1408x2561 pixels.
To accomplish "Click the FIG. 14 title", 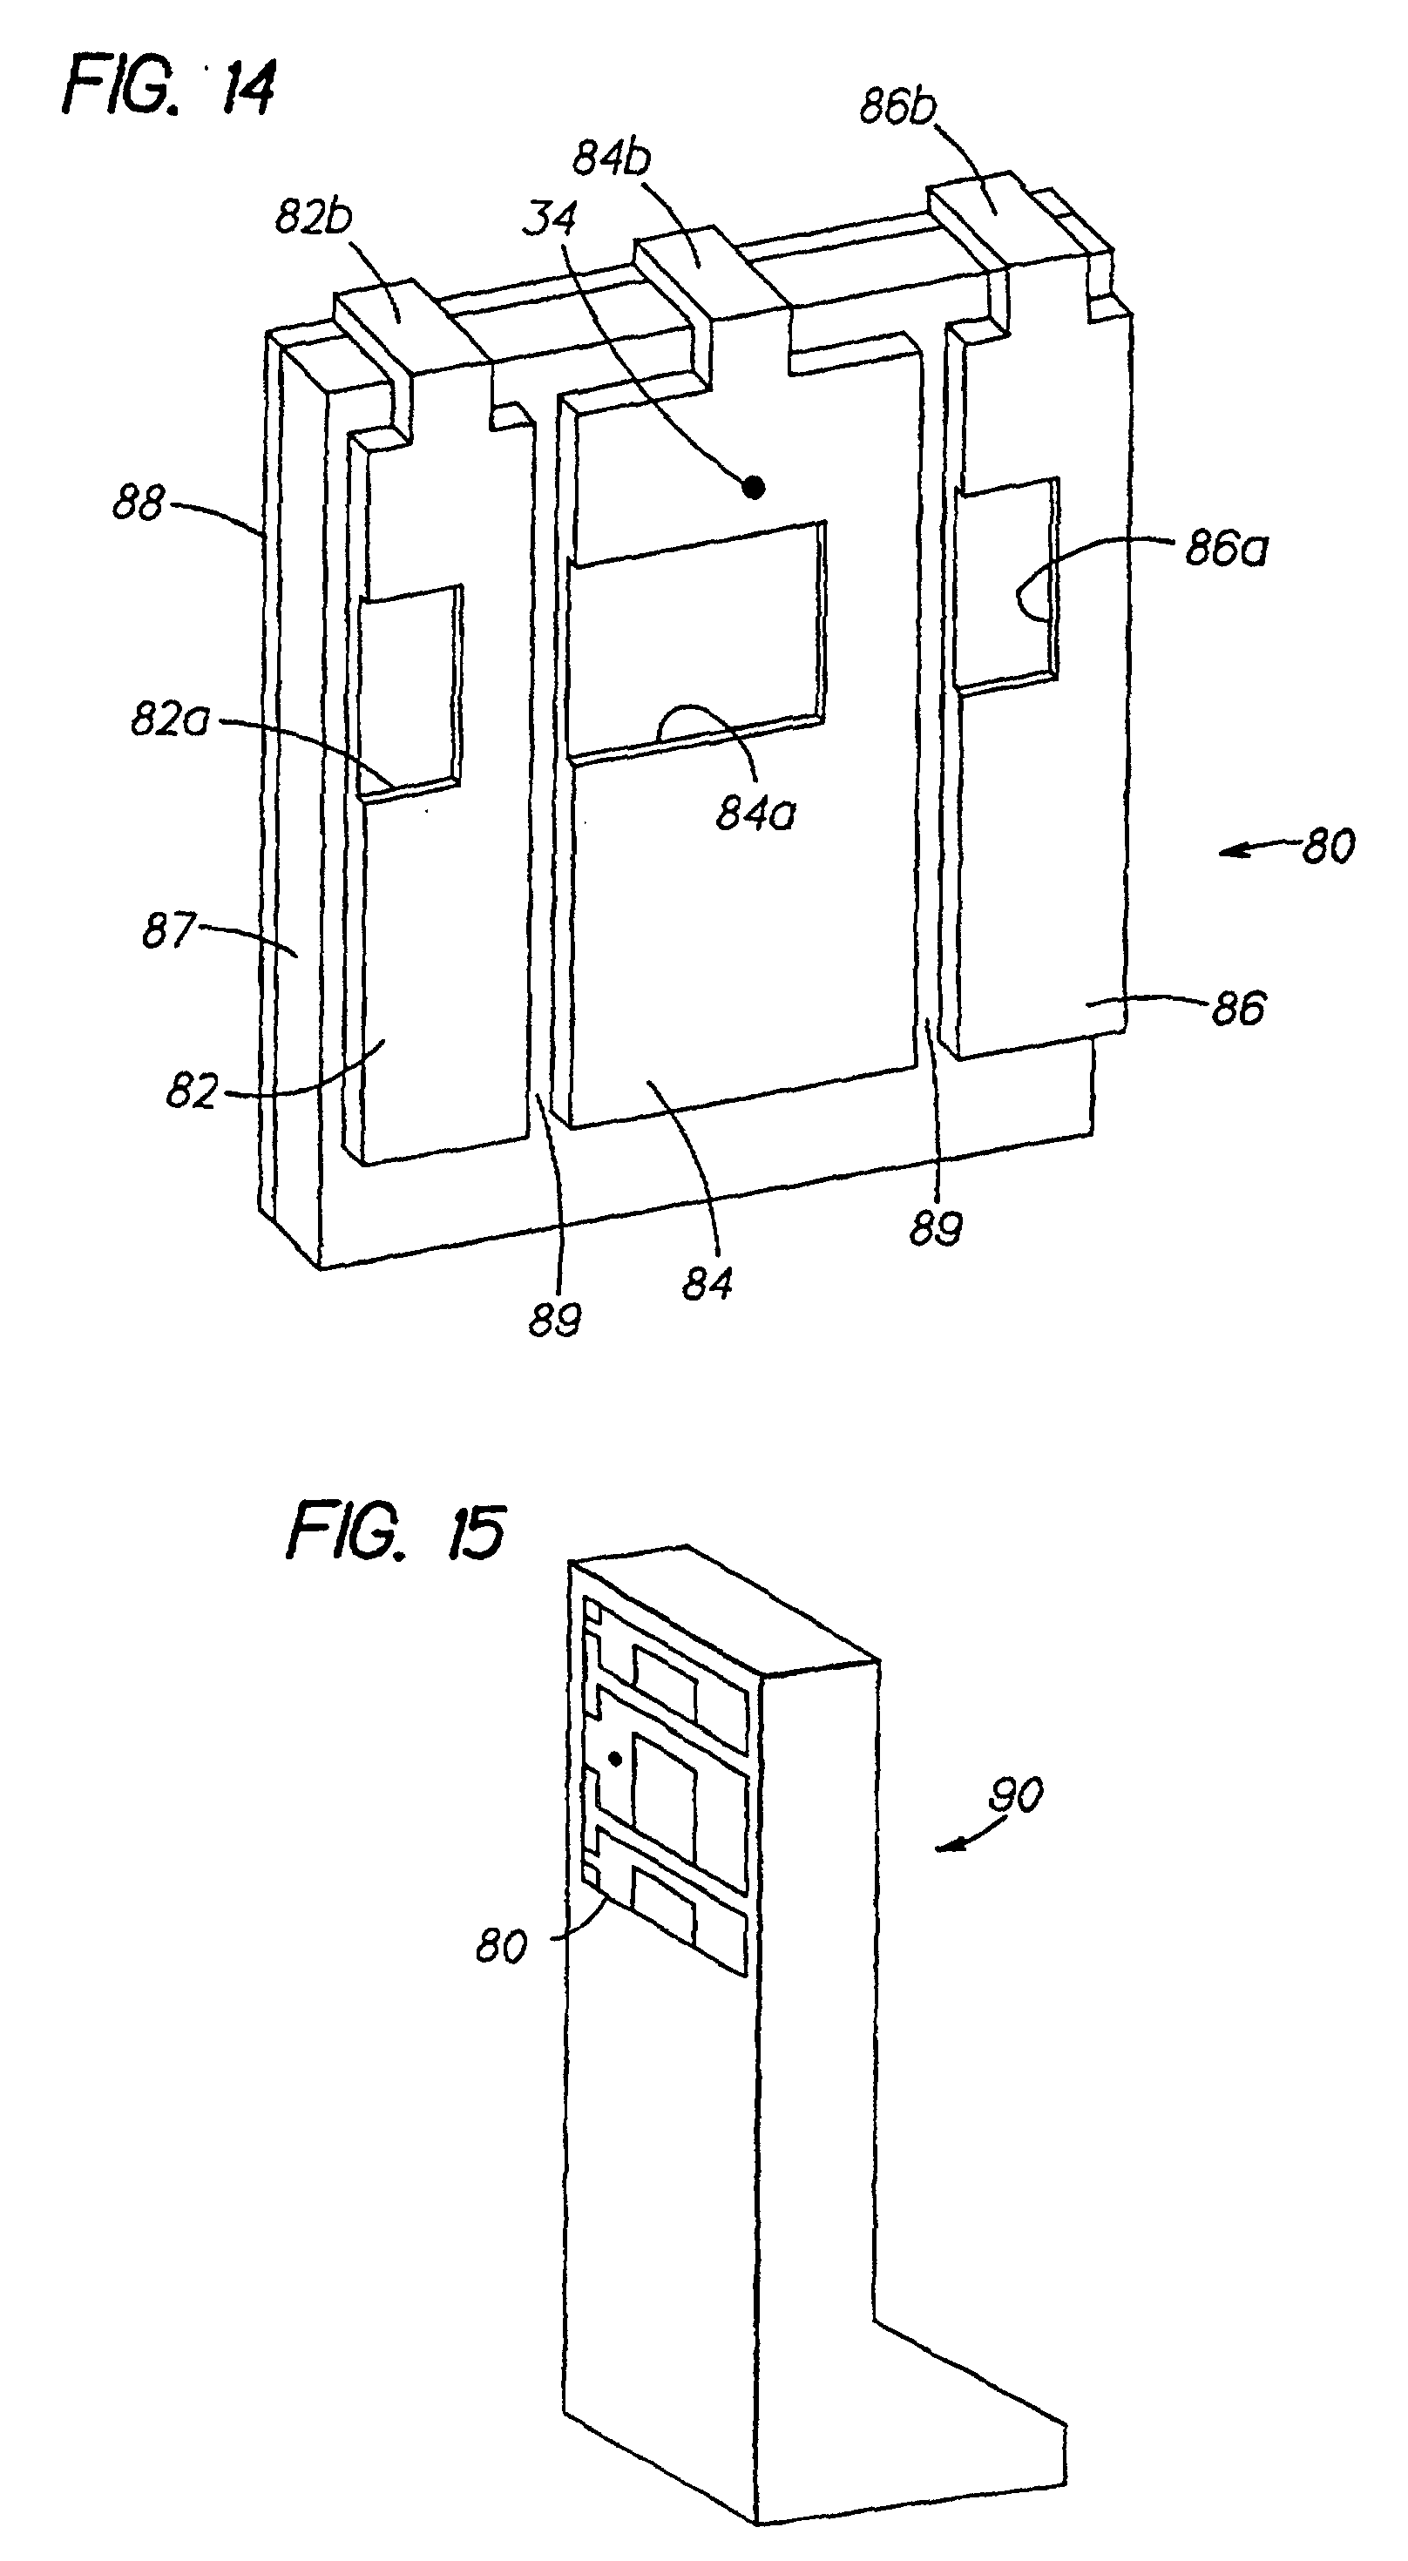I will [169, 91].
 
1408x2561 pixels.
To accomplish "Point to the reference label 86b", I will [898, 107].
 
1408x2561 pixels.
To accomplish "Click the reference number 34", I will [549, 218].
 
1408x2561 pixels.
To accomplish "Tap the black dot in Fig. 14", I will [755, 486].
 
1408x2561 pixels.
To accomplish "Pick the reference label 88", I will [137, 503].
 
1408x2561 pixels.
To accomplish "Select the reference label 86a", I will [1226, 549].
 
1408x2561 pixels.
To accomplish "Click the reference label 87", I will [167, 931].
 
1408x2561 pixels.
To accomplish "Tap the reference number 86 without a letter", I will [1239, 1008].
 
